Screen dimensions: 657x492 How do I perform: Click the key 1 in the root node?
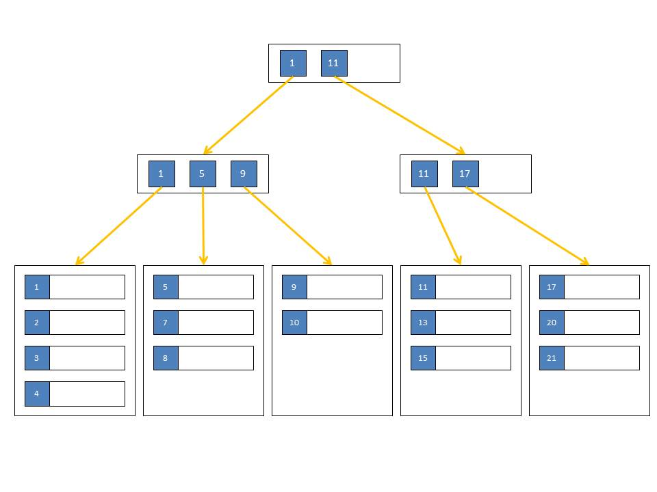click(293, 63)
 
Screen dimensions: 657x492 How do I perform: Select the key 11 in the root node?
click(334, 63)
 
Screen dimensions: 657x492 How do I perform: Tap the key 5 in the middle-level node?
click(203, 174)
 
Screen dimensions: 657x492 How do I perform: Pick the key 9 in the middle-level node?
click(244, 174)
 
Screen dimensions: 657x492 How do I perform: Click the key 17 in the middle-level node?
click(465, 174)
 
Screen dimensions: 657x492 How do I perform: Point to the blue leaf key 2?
click(37, 323)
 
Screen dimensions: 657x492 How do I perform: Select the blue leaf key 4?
click(37, 394)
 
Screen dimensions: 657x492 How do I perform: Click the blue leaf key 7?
click(166, 323)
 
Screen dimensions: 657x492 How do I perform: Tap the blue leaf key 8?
click(166, 358)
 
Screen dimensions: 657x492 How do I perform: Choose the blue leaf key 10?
click(294, 323)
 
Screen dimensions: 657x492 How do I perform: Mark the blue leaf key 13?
click(423, 323)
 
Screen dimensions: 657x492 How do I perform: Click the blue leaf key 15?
click(423, 358)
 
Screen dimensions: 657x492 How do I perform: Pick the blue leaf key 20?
click(552, 323)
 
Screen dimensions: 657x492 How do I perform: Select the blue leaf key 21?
click(552, 358)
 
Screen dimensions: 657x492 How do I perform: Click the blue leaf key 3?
click(37, 358)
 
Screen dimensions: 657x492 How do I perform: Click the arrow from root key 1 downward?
click(248, 115)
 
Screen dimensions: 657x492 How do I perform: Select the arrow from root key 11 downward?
click(400, 115)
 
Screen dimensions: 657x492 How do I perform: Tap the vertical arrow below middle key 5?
click(203, 226)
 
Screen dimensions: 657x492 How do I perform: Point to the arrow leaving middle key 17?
click(528, 226)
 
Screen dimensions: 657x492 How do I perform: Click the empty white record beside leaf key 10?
click(344, 323)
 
